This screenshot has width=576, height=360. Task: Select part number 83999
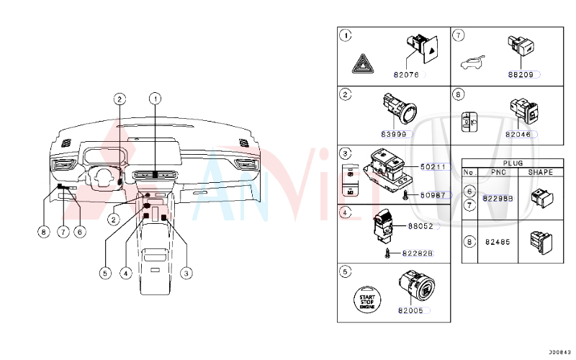pos(395,134)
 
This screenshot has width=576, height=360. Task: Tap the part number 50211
pos(433,167)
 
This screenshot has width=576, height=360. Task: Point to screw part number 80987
pos(433,195)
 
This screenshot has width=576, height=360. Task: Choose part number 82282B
pos(418,253)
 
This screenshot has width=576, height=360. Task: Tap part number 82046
pos(520,134)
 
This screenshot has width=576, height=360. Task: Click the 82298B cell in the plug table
pos(498,198)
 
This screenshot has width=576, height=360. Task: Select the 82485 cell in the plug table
pos(497,242)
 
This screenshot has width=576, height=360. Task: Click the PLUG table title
pos(513,163)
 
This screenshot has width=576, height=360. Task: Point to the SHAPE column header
pos(540,173)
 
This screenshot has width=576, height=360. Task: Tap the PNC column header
pos(498,173)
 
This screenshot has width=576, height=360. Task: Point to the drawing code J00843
pos(559,351)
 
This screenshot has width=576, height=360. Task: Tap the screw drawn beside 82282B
pos(390,252)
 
